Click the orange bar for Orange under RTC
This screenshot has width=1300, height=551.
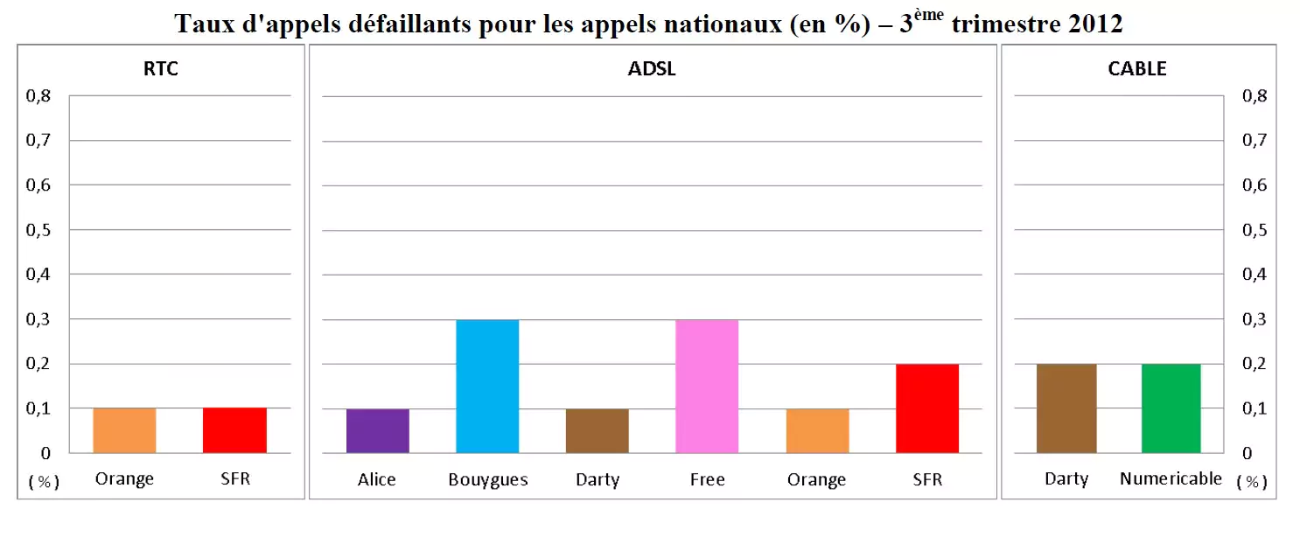pos(124,430)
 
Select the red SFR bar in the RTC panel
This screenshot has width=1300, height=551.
pos(234,430)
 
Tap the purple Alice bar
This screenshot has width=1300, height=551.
pos(377,430)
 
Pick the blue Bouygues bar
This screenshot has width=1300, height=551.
pos(487,386)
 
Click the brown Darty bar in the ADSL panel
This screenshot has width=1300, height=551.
pos(597,430)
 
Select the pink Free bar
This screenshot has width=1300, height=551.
pos(707,386)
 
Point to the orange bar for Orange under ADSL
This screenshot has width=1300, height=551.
pos(817,430)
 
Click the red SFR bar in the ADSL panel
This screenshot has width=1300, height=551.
pos(927,408)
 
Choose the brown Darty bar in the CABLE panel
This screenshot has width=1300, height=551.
pos(1066,408)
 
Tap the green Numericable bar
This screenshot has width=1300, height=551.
pos(1170,408)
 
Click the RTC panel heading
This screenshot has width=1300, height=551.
pos(161,69)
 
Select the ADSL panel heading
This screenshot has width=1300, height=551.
pos(652,69)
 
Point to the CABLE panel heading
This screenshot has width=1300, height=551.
pos(1136,69)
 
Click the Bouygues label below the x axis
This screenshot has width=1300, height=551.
pos(487,479)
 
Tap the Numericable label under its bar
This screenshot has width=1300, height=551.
pos(1171,478)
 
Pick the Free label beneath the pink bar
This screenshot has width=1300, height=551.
pos(707,479)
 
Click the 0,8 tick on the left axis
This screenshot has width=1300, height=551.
pos(38,96)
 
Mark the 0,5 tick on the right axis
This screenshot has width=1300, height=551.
pos(1254,230)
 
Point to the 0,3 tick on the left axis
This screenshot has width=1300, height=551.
pos(38,319)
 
